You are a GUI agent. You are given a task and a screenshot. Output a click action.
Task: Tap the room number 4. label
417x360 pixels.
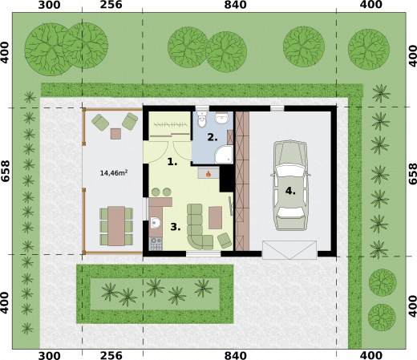(290, 191)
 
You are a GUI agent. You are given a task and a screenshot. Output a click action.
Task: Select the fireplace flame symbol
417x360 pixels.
(208, 174)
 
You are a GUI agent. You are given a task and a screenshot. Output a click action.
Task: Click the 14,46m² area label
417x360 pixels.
(114, 173)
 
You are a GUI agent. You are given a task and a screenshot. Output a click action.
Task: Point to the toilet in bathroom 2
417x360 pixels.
(201, 119)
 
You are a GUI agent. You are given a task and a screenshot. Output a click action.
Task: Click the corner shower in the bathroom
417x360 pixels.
(224, 154)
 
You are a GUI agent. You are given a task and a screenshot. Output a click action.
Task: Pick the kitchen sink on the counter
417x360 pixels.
(155, 222)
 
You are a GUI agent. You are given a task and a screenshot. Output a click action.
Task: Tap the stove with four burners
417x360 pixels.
(156, 244)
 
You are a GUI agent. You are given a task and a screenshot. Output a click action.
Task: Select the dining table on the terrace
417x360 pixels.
(116, 226)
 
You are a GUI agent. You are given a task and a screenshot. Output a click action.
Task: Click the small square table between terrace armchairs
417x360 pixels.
(115, 134)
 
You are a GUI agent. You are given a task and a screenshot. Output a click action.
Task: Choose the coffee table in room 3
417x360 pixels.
(215, 217)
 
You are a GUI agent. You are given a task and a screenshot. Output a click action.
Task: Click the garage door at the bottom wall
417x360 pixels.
(289, 250)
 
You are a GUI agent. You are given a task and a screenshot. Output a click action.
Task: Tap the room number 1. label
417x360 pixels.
(172, 162)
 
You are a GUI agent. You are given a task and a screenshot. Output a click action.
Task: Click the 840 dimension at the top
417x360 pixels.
(235, 5)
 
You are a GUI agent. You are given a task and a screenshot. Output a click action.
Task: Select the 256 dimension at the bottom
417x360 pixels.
(111, 355)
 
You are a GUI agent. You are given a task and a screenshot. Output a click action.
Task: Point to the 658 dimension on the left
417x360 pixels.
(6, 172)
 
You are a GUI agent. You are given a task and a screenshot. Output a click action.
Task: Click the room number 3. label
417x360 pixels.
(176, 228)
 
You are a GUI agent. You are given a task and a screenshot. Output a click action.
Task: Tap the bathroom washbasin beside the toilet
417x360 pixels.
(221, 118)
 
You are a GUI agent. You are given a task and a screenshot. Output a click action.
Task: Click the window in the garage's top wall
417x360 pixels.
(277, 108)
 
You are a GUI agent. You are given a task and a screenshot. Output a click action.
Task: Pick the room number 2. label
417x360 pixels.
(213, 138)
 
